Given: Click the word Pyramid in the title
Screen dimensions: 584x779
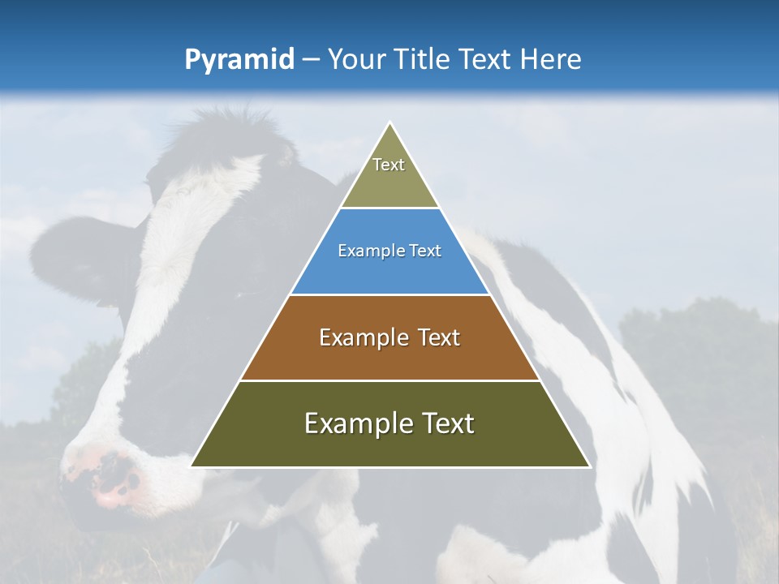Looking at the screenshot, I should (239, 60).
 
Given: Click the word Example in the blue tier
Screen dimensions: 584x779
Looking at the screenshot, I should (364, 251).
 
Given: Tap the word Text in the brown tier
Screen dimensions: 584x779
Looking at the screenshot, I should (433, 337).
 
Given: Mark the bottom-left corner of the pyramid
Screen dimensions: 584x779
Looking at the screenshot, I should (192, 466).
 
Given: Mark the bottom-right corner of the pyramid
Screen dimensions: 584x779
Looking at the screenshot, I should (588, 466).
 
